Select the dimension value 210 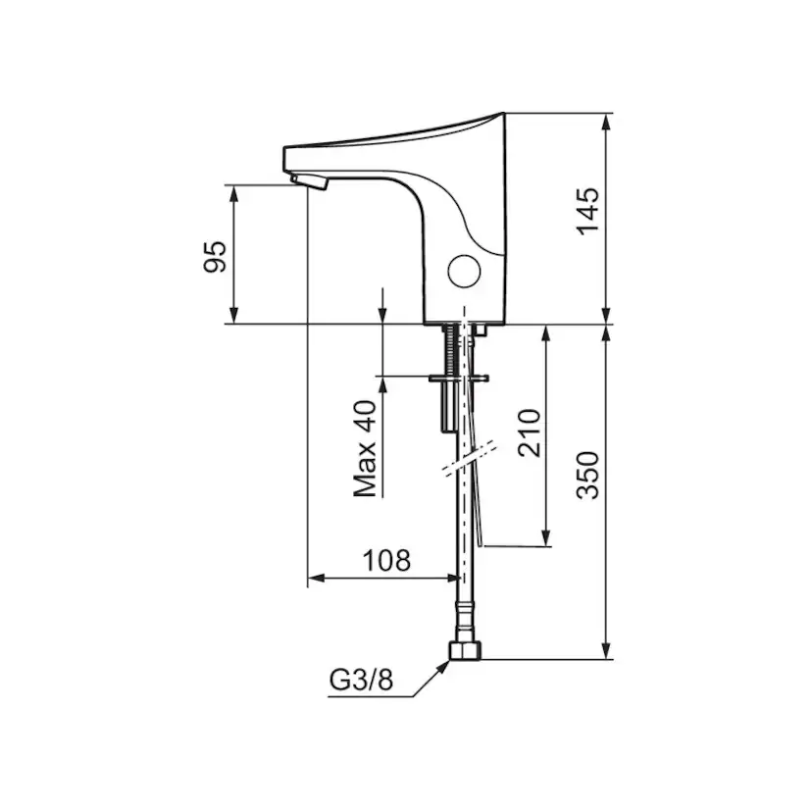(528, 433)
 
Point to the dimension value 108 (386, 562)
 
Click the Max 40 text (367, 450)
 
